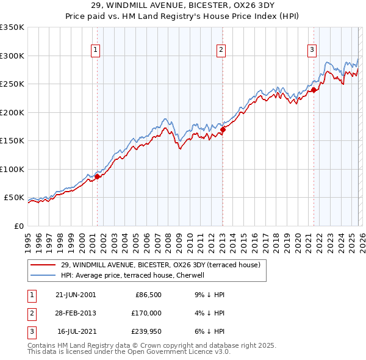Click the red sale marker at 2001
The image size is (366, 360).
97,177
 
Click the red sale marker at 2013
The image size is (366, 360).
223,129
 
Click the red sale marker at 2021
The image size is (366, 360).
314,90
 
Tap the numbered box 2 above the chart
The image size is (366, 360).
220,51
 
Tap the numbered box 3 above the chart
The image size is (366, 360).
312,51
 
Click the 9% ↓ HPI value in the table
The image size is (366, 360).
208,295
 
